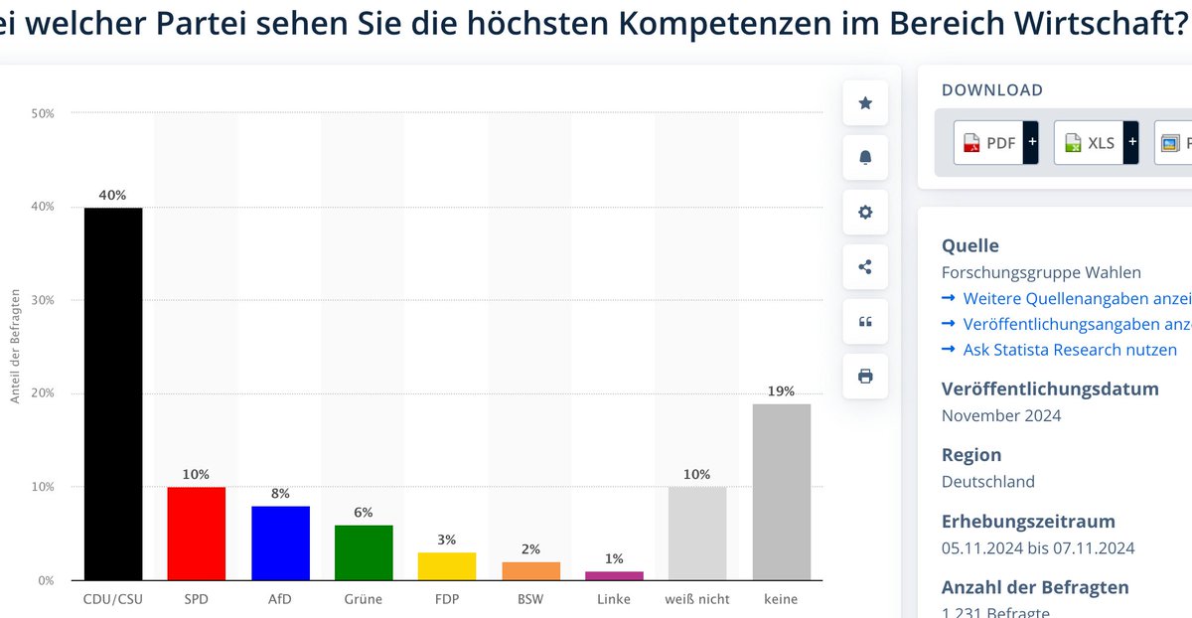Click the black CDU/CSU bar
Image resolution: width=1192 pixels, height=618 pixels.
[x=113, y=393]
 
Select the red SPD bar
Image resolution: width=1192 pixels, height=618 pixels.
[x=196, y=534]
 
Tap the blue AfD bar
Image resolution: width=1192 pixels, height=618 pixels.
[x=280, y=542]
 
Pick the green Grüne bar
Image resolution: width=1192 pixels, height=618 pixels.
[x=364, y=552]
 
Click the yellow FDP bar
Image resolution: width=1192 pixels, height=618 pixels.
[x=447, y=566]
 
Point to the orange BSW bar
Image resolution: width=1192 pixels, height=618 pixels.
[x=530, y=570]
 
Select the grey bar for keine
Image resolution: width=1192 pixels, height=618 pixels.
[x=781, y=492]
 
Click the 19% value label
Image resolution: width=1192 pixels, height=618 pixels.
[x=781, y=391]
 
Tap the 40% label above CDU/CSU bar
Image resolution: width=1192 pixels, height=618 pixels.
[x=113, y=195]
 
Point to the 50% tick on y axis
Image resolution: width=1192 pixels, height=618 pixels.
[x=43, y=114]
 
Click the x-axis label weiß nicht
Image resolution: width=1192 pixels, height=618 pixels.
[x=697, y=599]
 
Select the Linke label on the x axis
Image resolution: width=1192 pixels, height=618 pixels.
[x=614, y=599]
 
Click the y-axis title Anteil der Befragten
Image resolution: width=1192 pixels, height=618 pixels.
[x=16, y=347]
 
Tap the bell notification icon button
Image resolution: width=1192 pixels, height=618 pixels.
[x=865, y=157]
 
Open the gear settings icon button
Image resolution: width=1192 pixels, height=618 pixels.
[x=865, y=212]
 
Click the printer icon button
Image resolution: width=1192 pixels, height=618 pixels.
[x=865, y=376]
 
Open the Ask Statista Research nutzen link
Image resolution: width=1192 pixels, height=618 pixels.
[x=1069, y=350]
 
